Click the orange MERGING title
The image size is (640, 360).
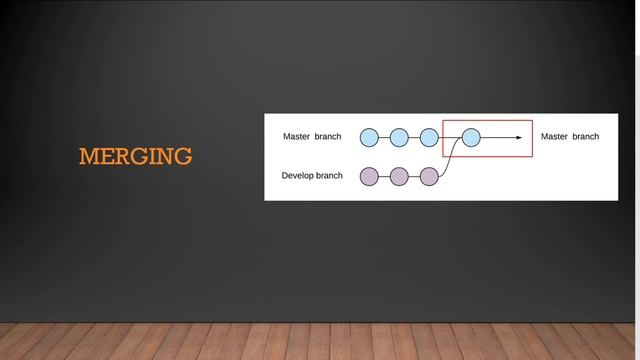coord(135,157)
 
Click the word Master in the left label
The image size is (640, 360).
coord(297,136)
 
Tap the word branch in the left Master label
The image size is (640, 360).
coord(328,136)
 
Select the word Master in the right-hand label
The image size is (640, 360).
coord(555,136)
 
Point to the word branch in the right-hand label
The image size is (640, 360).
coord(586,136)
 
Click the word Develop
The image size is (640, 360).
coord(298,176)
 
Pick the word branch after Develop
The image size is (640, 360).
coord(330,176)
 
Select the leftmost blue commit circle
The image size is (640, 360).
coord(369,137)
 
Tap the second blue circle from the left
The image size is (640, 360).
coord(399,137)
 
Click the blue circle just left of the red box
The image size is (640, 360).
coord(429,137)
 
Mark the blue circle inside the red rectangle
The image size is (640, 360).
coord(471,137)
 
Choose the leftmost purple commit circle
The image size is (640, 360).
coord(369,177)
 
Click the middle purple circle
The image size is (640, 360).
coord(399,177)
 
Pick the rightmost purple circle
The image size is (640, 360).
coord(429,177)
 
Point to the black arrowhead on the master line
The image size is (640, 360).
coord(519,137)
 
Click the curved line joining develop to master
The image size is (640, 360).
coord(451,160)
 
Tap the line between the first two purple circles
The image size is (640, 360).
coord(384,177)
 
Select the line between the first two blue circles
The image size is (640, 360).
coord(384,137)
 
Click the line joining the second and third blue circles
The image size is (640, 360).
coord(414,137)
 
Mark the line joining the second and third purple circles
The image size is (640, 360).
coord(414,177)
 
